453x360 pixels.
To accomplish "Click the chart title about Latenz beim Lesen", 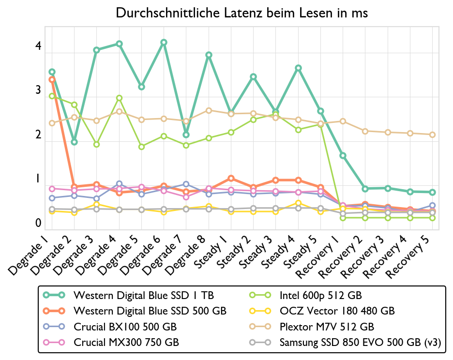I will pyautogui.click(x=242, y=13).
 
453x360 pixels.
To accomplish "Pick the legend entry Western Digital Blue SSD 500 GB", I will pyautogui.click(x=150, y=311).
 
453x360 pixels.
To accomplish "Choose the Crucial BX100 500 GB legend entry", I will pyautogui.click(x=125, y=327).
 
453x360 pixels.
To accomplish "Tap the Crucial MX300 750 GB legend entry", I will pyautogui.click(x=126, y=343).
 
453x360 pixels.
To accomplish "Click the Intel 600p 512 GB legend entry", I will pyautogui.click(x=321, y=295).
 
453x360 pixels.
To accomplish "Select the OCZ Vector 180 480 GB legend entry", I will pyautogui.click(x=337, y=311).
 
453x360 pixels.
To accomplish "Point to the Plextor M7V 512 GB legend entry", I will pyautogui.click(x=327, y=327).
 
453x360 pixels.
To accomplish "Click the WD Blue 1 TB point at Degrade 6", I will pyautogui.click(x=164, y=43).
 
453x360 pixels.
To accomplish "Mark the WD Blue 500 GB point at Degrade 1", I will pyautogui.click(x=52, y=79).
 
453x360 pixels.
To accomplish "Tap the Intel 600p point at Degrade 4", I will pyautogui.click(x=119, y=98).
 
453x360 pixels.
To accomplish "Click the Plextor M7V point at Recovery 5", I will pyautogui.click(x=432, y=135).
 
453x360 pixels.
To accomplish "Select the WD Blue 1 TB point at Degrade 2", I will pyautogui.click(x=74, y=142).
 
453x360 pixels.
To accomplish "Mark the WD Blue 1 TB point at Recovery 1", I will pyautogui.click(x=343, y=155).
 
